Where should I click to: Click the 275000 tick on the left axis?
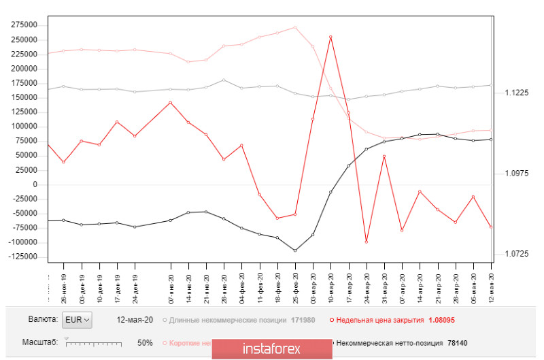(24, 24)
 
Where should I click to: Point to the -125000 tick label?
(23, 256)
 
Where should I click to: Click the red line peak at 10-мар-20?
(330, 37)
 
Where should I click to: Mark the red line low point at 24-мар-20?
(367, 242)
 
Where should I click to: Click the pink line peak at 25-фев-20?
(295, 27)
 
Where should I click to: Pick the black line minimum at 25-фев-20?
(295, 250)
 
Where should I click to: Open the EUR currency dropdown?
(76, 319)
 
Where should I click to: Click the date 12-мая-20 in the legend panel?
(135, 319)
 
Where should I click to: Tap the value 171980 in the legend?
(301, 319)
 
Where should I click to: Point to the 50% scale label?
(145, 343)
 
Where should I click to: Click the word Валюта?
(42, 319)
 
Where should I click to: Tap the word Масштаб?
(41, 343)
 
